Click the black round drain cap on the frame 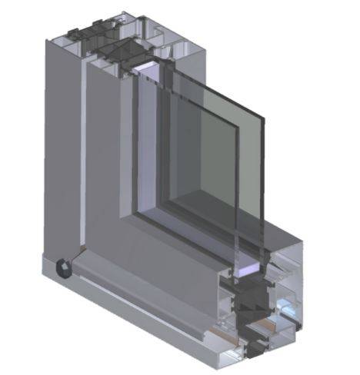click(62, 267)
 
